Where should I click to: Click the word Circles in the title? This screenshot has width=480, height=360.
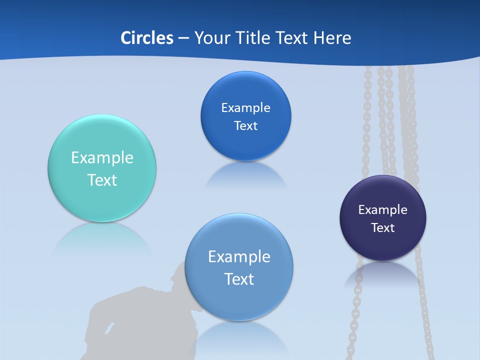coord(147,38)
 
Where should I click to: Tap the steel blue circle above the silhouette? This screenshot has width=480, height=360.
coord(239,300)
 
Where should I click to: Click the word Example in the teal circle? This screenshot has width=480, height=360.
coord(102,158)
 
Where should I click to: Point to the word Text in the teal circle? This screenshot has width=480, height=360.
coord(102,180)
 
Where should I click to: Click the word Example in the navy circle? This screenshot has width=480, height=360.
coord(383,210)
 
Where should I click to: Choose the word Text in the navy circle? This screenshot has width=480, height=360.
coord(383,228)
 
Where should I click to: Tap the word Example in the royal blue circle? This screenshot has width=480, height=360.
coord(245,108)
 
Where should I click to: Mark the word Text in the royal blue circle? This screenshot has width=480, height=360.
coord(245,126)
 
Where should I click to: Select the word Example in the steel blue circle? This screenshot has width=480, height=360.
coord(239,257)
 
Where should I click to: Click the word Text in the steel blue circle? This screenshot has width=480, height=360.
coord(239,279)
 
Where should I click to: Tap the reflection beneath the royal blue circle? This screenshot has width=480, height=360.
coord(245,175)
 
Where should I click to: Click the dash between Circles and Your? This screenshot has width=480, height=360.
coord(183,38)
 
